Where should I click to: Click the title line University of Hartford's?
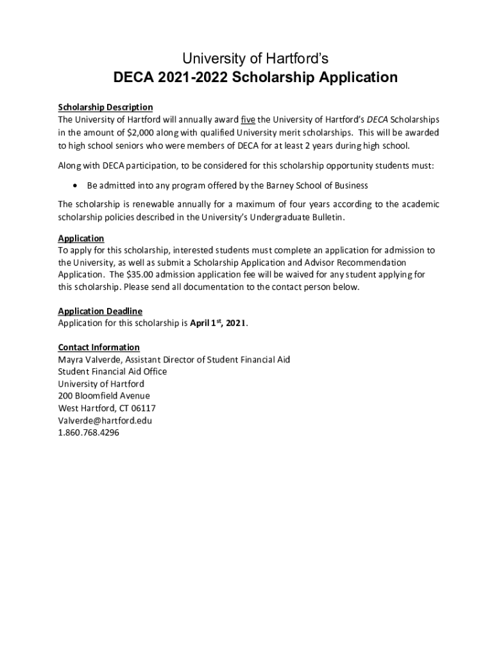click(x=255, y=59)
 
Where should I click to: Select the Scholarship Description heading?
click(x=105, y=107)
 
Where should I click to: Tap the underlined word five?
click(x=248, y=120)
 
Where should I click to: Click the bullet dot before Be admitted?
click(x=76, y=185)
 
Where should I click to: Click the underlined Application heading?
click(x=81, y=238)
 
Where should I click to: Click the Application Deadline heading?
click(x=100, y=311)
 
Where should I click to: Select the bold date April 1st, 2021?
click(x=218, y=323)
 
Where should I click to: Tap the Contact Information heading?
click(x=99, y=347)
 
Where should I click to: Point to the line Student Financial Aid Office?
click(x=112, y=371)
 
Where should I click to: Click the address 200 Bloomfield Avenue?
click(x=104, y=396)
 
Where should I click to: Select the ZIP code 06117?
click(x=143, y=408)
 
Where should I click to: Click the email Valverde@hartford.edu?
click(x=105, y=420)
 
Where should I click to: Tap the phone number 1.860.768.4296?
click(x=89, y=433)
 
